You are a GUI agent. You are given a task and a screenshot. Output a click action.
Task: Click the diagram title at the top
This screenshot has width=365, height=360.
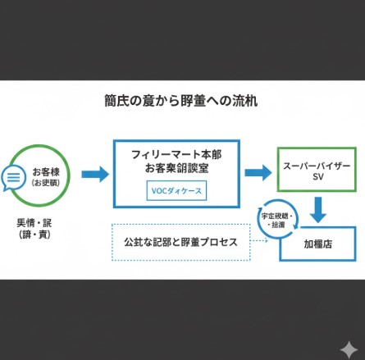click(182, 105)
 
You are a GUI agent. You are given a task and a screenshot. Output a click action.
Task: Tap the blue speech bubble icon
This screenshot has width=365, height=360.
click(14, 177)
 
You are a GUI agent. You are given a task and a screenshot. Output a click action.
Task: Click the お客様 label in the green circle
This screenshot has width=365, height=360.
click(46, 171)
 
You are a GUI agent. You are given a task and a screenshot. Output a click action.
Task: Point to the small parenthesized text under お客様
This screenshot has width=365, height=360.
click(46, 184)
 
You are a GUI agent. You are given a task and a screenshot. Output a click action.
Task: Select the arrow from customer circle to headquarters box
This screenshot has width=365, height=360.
click(95, 174)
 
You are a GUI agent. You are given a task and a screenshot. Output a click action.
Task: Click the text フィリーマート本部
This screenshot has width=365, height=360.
click(176, 154)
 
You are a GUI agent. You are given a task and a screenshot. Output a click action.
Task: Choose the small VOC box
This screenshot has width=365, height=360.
click(176, 190)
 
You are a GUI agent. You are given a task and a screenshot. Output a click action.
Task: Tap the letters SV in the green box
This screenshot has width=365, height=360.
click(317, 177)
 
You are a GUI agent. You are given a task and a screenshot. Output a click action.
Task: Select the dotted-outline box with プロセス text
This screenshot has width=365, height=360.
click(180, 243)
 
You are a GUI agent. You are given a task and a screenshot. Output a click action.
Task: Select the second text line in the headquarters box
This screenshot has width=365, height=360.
click(176, 168)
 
